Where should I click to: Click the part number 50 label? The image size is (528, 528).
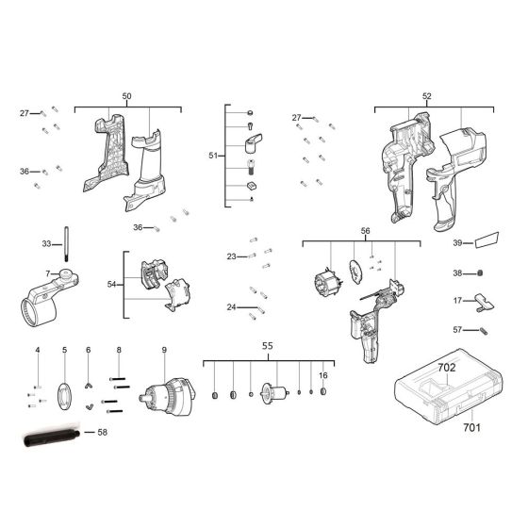(x=126, y=97)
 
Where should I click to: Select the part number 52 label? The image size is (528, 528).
(x=426, y=97)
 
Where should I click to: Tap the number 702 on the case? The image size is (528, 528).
(x=447, y=365)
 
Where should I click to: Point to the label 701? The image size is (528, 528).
(x=471, y=427)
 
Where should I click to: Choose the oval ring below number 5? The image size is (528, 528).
(x=65, y=394)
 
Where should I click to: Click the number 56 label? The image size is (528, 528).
(x=365, y=230)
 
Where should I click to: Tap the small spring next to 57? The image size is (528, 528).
(x=484, y=330)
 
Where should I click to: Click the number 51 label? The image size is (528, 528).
(x=212, y=155)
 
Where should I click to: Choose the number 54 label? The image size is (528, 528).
(x=112, y=283)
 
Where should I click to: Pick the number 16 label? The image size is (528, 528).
(x=322, y=375)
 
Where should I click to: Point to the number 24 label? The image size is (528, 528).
(x=230, y=306)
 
